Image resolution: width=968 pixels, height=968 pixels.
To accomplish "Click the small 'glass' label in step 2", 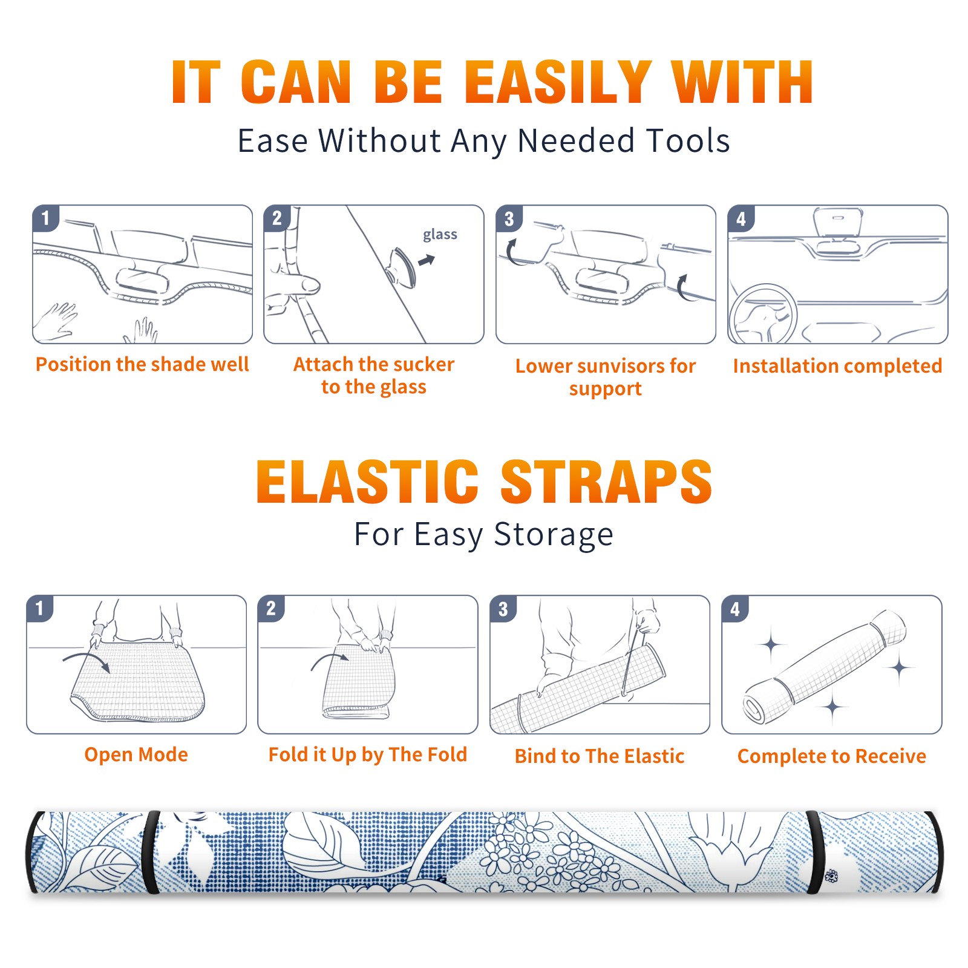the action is [440, 235].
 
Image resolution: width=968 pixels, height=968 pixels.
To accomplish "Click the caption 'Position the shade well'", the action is [142, 364].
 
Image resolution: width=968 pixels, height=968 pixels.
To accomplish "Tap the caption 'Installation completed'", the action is [837, 365].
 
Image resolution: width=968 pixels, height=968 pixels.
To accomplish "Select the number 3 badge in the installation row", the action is [509, 218].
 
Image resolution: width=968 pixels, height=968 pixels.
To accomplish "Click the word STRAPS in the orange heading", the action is [606, 482].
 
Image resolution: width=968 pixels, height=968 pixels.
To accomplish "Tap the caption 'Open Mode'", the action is [136, 754].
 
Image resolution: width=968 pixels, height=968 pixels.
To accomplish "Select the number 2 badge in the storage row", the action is [271, 608].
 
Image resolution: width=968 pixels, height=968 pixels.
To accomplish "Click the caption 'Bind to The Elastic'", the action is [599, 756].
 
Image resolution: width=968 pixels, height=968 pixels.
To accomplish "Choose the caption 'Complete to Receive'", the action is [832, 756].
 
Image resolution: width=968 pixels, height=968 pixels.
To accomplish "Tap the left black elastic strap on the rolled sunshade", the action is [152, 852].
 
